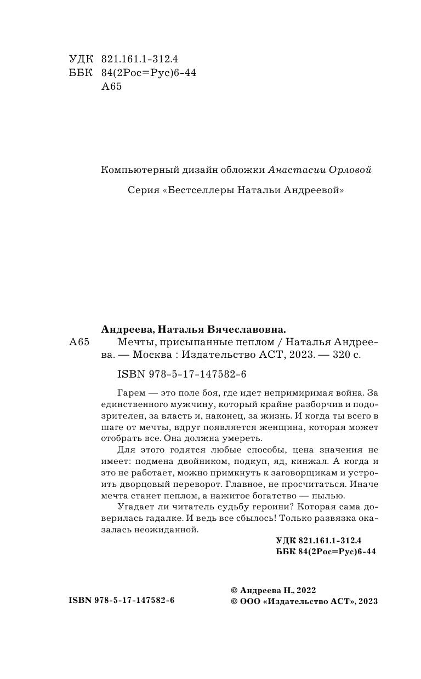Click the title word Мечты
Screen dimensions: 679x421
133,343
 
